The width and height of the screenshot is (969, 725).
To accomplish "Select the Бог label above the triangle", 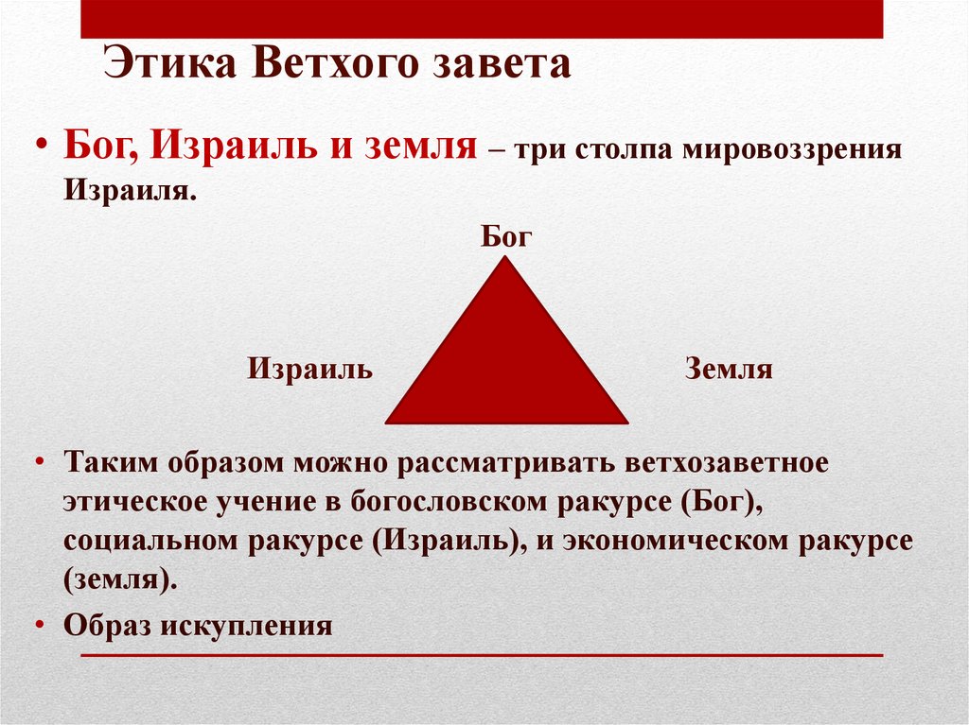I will [x=507, y=236].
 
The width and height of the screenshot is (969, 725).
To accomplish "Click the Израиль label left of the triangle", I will [x=310, y=369].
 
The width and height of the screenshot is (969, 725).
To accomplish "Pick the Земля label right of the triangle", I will [x=729, y=369].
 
